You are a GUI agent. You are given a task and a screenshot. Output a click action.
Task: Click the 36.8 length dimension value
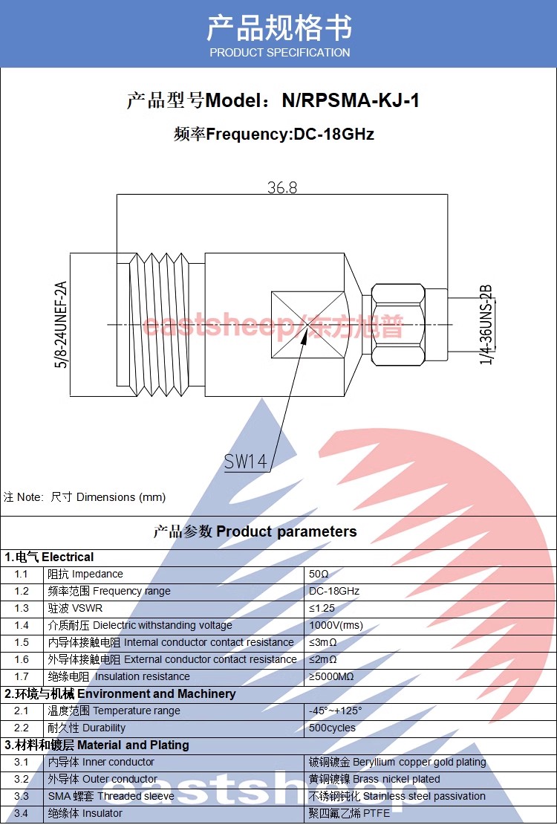click(x=282, y=187)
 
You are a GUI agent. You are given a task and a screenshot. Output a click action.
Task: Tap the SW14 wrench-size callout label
click(x=245, y=462)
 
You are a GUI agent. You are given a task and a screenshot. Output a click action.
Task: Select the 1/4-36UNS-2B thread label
click(x=486, y=325)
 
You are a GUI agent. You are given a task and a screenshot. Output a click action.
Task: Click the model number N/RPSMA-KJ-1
click(x=351, y=100)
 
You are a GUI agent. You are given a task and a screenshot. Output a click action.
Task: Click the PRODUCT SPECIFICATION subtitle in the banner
click(x=279, y=53)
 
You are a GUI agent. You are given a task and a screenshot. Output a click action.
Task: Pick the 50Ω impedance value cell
click(x=319, y=575)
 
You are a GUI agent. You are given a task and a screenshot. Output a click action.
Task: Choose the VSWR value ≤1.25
click(x=322, y=609)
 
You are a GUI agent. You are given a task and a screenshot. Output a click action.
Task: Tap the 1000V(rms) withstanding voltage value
click(x=336, y=626)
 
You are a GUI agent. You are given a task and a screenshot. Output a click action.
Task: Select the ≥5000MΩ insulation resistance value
click(x=331, y=677)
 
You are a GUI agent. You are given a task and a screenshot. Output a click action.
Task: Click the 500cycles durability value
click(x=332, y=728)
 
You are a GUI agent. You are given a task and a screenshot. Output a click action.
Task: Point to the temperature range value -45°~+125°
click(x=335, y=711)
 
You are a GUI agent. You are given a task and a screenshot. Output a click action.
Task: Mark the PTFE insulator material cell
click(x=349, y=814)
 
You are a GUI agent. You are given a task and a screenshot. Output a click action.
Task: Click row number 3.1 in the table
click(x=22, y=763)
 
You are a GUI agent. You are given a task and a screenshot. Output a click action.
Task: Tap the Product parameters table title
click(x=255, y=532)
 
